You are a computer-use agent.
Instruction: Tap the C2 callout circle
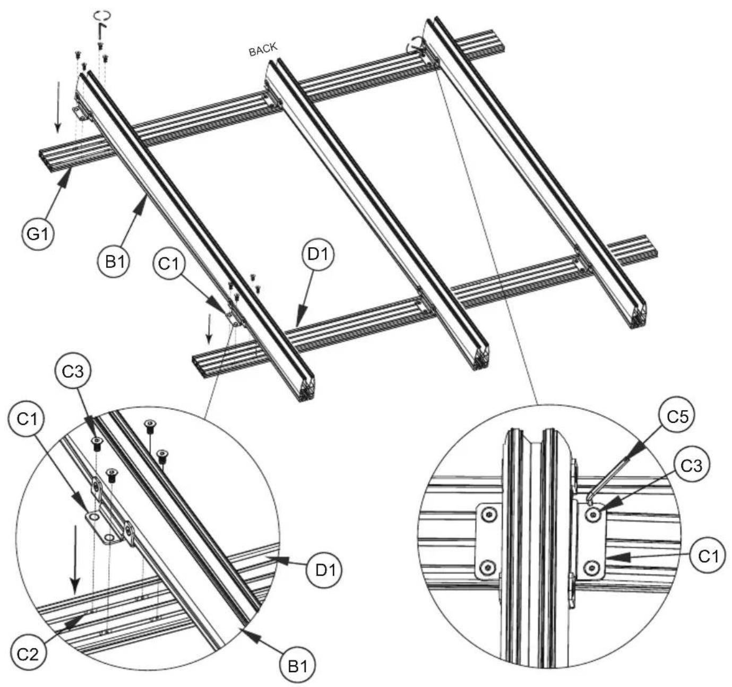pyautogui.click(x=28, y=654)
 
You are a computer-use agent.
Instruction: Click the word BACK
pyautogui.click(x=263, y=49)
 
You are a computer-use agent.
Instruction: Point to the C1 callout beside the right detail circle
pyautogui.click(x=709, y=556)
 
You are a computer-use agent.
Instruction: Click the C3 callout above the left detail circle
pyautogui.click(x=73, y=372)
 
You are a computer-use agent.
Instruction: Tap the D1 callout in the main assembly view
pyautogui.click(x=318, y=254)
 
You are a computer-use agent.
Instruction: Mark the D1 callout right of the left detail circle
pyautogui.click(x=323, y=571)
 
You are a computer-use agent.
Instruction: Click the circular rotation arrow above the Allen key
pyautogui.click(x=102, y=15)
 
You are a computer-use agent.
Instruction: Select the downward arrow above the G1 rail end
pyautogui.click(x=58, y=107)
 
